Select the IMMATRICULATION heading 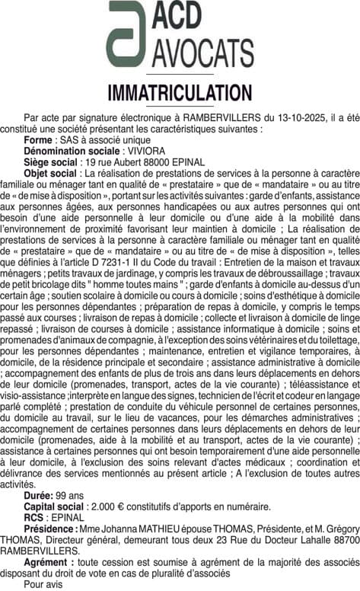pyautogui.click(x=180, y=94)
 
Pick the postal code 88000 pyautogui.click(x=158, y=161)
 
